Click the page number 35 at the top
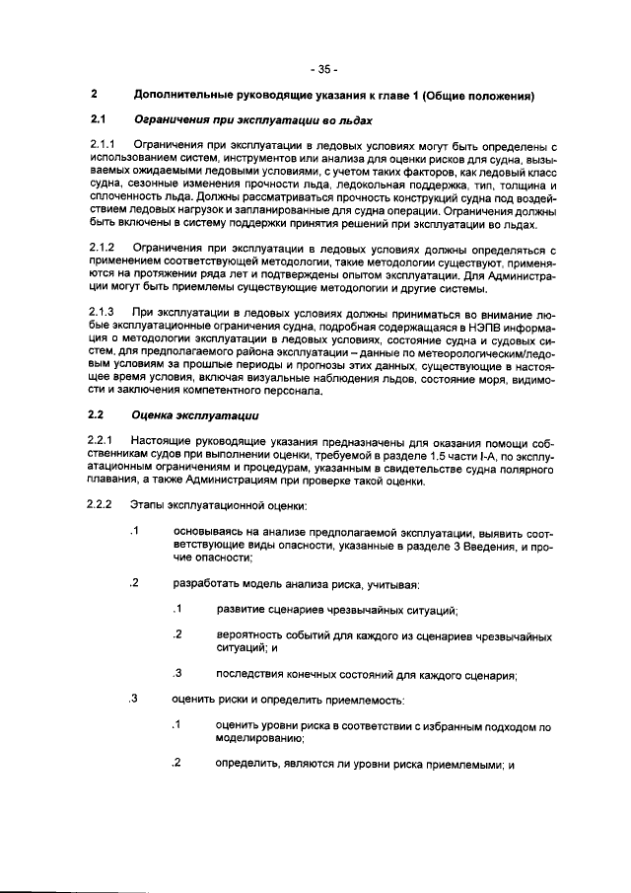pos(322,70)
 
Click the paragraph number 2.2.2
pos(103,506)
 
